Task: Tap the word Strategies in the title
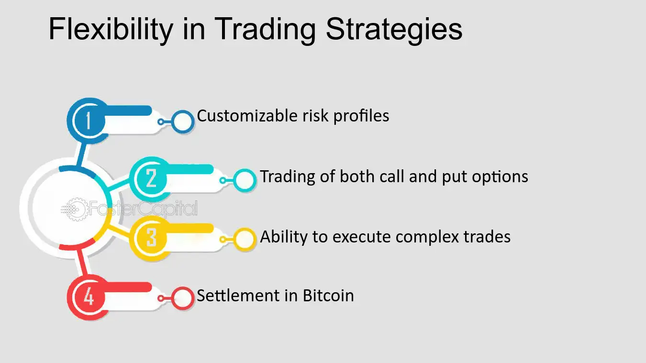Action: [x=394, y=30]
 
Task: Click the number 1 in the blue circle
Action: [x=89, y=121]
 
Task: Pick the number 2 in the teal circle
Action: [x=152, y=178]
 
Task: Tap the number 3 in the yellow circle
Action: [x=152, y=238]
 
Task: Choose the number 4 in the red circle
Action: [x=89, y=297]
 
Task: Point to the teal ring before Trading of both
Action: [x=245, y=180]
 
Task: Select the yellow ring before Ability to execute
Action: [x=245, y=239]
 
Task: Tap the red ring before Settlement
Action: [x=182, y=298]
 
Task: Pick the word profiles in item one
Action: [x=362, y=116]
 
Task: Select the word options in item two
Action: [x=500, y=177]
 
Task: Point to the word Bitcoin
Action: [x=328, y=296]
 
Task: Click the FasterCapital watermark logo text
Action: [x=142, y=209]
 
